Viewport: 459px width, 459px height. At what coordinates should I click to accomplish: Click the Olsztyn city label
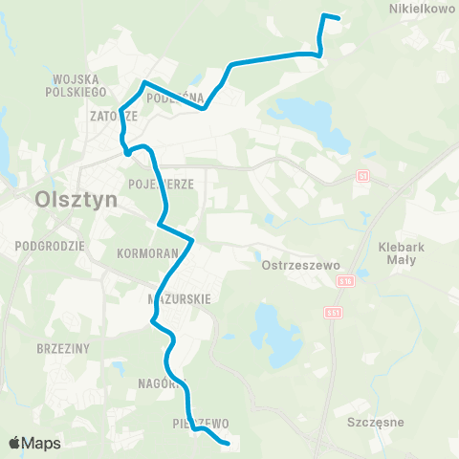coord(75,201)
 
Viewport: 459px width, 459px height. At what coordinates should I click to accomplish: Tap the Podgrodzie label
coord(52,245)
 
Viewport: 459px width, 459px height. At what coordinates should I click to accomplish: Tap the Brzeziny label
coord(60,348)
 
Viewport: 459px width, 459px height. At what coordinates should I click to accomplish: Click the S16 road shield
coord(344,281)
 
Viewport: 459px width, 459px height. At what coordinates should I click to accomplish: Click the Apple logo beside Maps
coord(14,443)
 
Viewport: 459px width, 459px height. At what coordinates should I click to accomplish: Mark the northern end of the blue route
coord(339,17)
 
